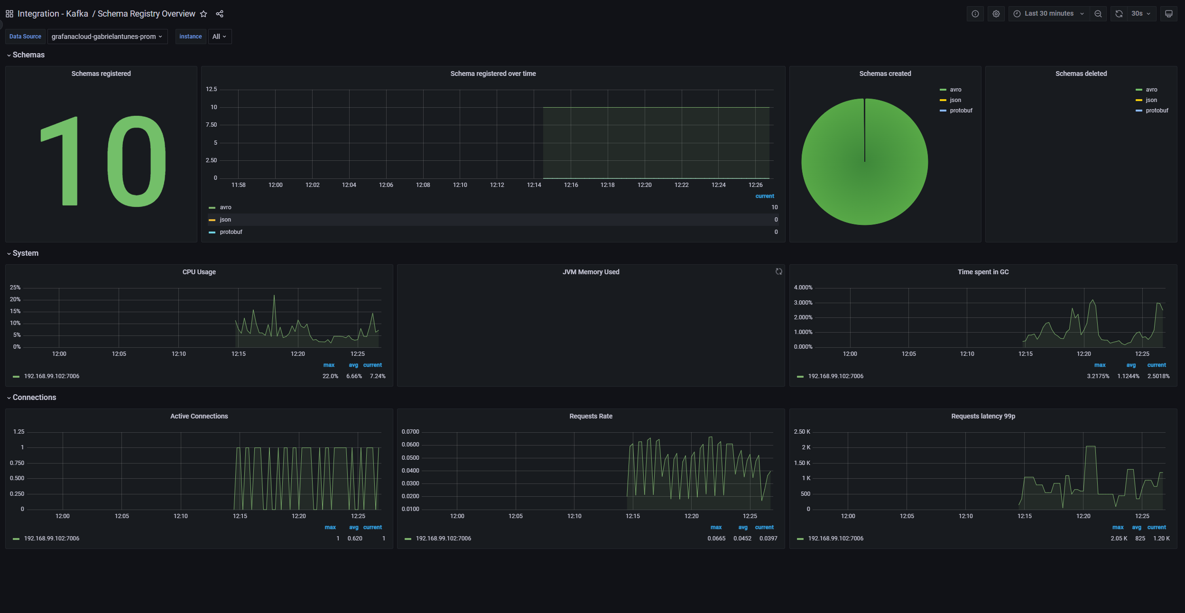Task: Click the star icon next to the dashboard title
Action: pyautogui.click(x=204, y=14)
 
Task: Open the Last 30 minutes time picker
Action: pyautogui.click(x=1048, y=14)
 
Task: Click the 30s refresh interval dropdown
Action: pyautogui.click(x=1140, y=14)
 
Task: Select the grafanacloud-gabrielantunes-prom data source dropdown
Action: pyautogui.click(x=107, y=37)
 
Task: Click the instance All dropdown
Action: pyautogui.click(x=219, y=37)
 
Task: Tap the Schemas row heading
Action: pyautogui.click(x=28, y=55)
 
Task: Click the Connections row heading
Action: pyautogui.click(x=34, y=398)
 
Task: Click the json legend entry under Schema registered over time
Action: pyautogui.click(x=225, y=220)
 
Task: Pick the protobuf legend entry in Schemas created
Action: pyautogui.click(x=961, y=111)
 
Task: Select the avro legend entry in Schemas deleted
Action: pyautogui.click(x=1151, y=90)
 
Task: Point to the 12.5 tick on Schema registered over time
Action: pyautogui.click(x=211, y=89)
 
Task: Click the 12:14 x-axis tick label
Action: pyautogui.click(x=534, y=185)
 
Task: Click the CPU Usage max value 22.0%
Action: pyautogui.click(x=330, y=376)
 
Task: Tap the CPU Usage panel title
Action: pyautogui.click(x=199, y=272)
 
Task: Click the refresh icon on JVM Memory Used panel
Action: pyautogui.click(x=778, y=271)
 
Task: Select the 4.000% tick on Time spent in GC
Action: pyautogui.click(x=803, y=288)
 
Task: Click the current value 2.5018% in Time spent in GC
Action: pyautogui.click(x=1158, y=376)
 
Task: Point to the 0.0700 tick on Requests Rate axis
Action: pyautogui.click(x=410, y=432)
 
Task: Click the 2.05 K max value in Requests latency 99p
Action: pyautogui.click(x=1119, y=539)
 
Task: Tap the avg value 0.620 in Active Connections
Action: pyautogui.click(x=354, y=539)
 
